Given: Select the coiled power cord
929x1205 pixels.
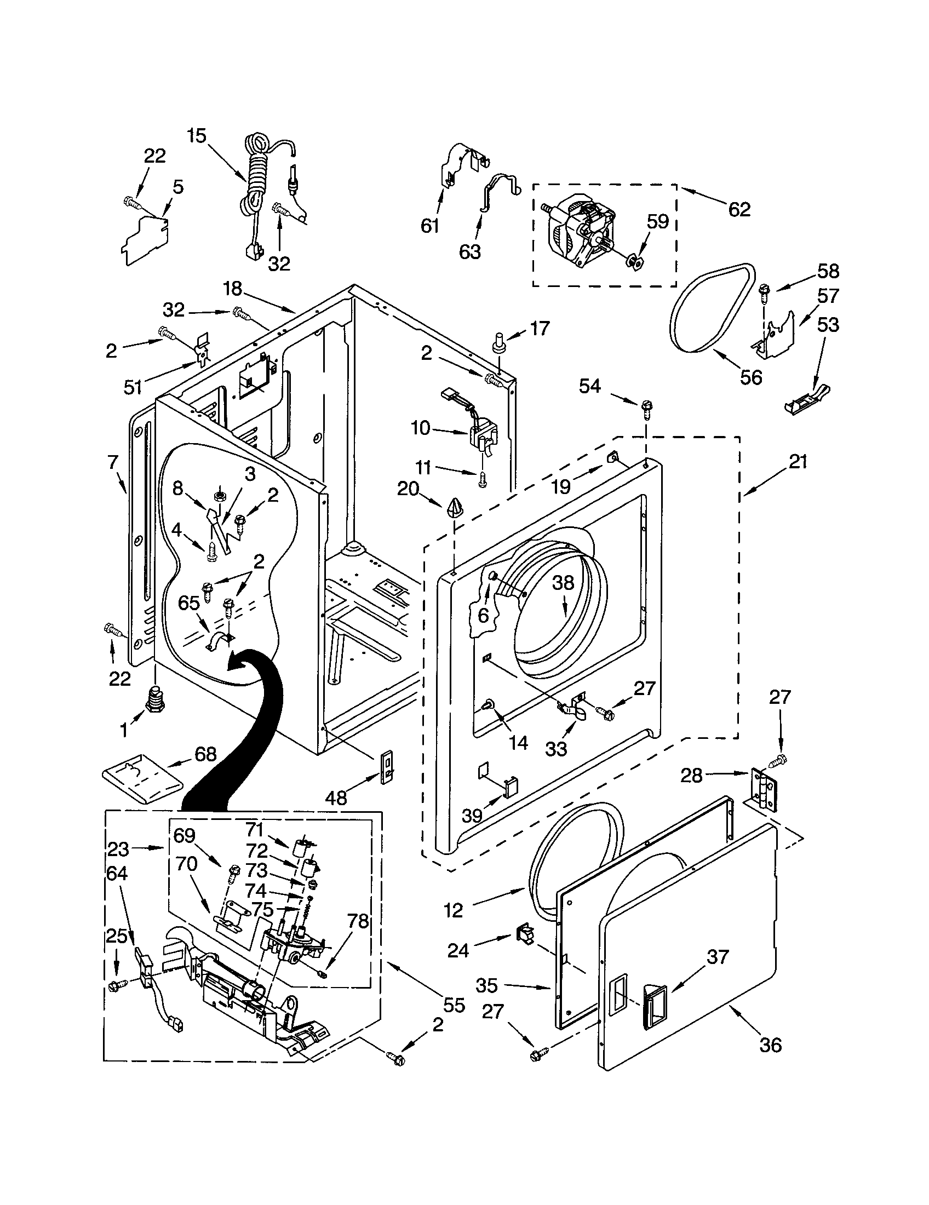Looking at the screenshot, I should [256, 176].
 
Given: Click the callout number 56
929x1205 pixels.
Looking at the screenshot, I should [751, 377].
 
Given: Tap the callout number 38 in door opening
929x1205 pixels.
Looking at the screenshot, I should [563, 583].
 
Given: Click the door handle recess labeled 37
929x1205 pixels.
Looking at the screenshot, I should [653, 1009].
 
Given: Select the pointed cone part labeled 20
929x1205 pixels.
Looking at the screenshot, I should [455, 507].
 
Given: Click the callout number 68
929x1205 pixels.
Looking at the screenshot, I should [205, 754].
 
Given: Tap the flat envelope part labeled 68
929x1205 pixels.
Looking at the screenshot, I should [142, 778].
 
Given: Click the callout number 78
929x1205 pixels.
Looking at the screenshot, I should [357, 921].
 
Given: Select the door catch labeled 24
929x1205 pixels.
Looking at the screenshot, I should [525, 934].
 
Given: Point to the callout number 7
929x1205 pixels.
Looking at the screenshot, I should [113, 461].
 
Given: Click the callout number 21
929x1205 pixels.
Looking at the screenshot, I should [798, 461].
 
